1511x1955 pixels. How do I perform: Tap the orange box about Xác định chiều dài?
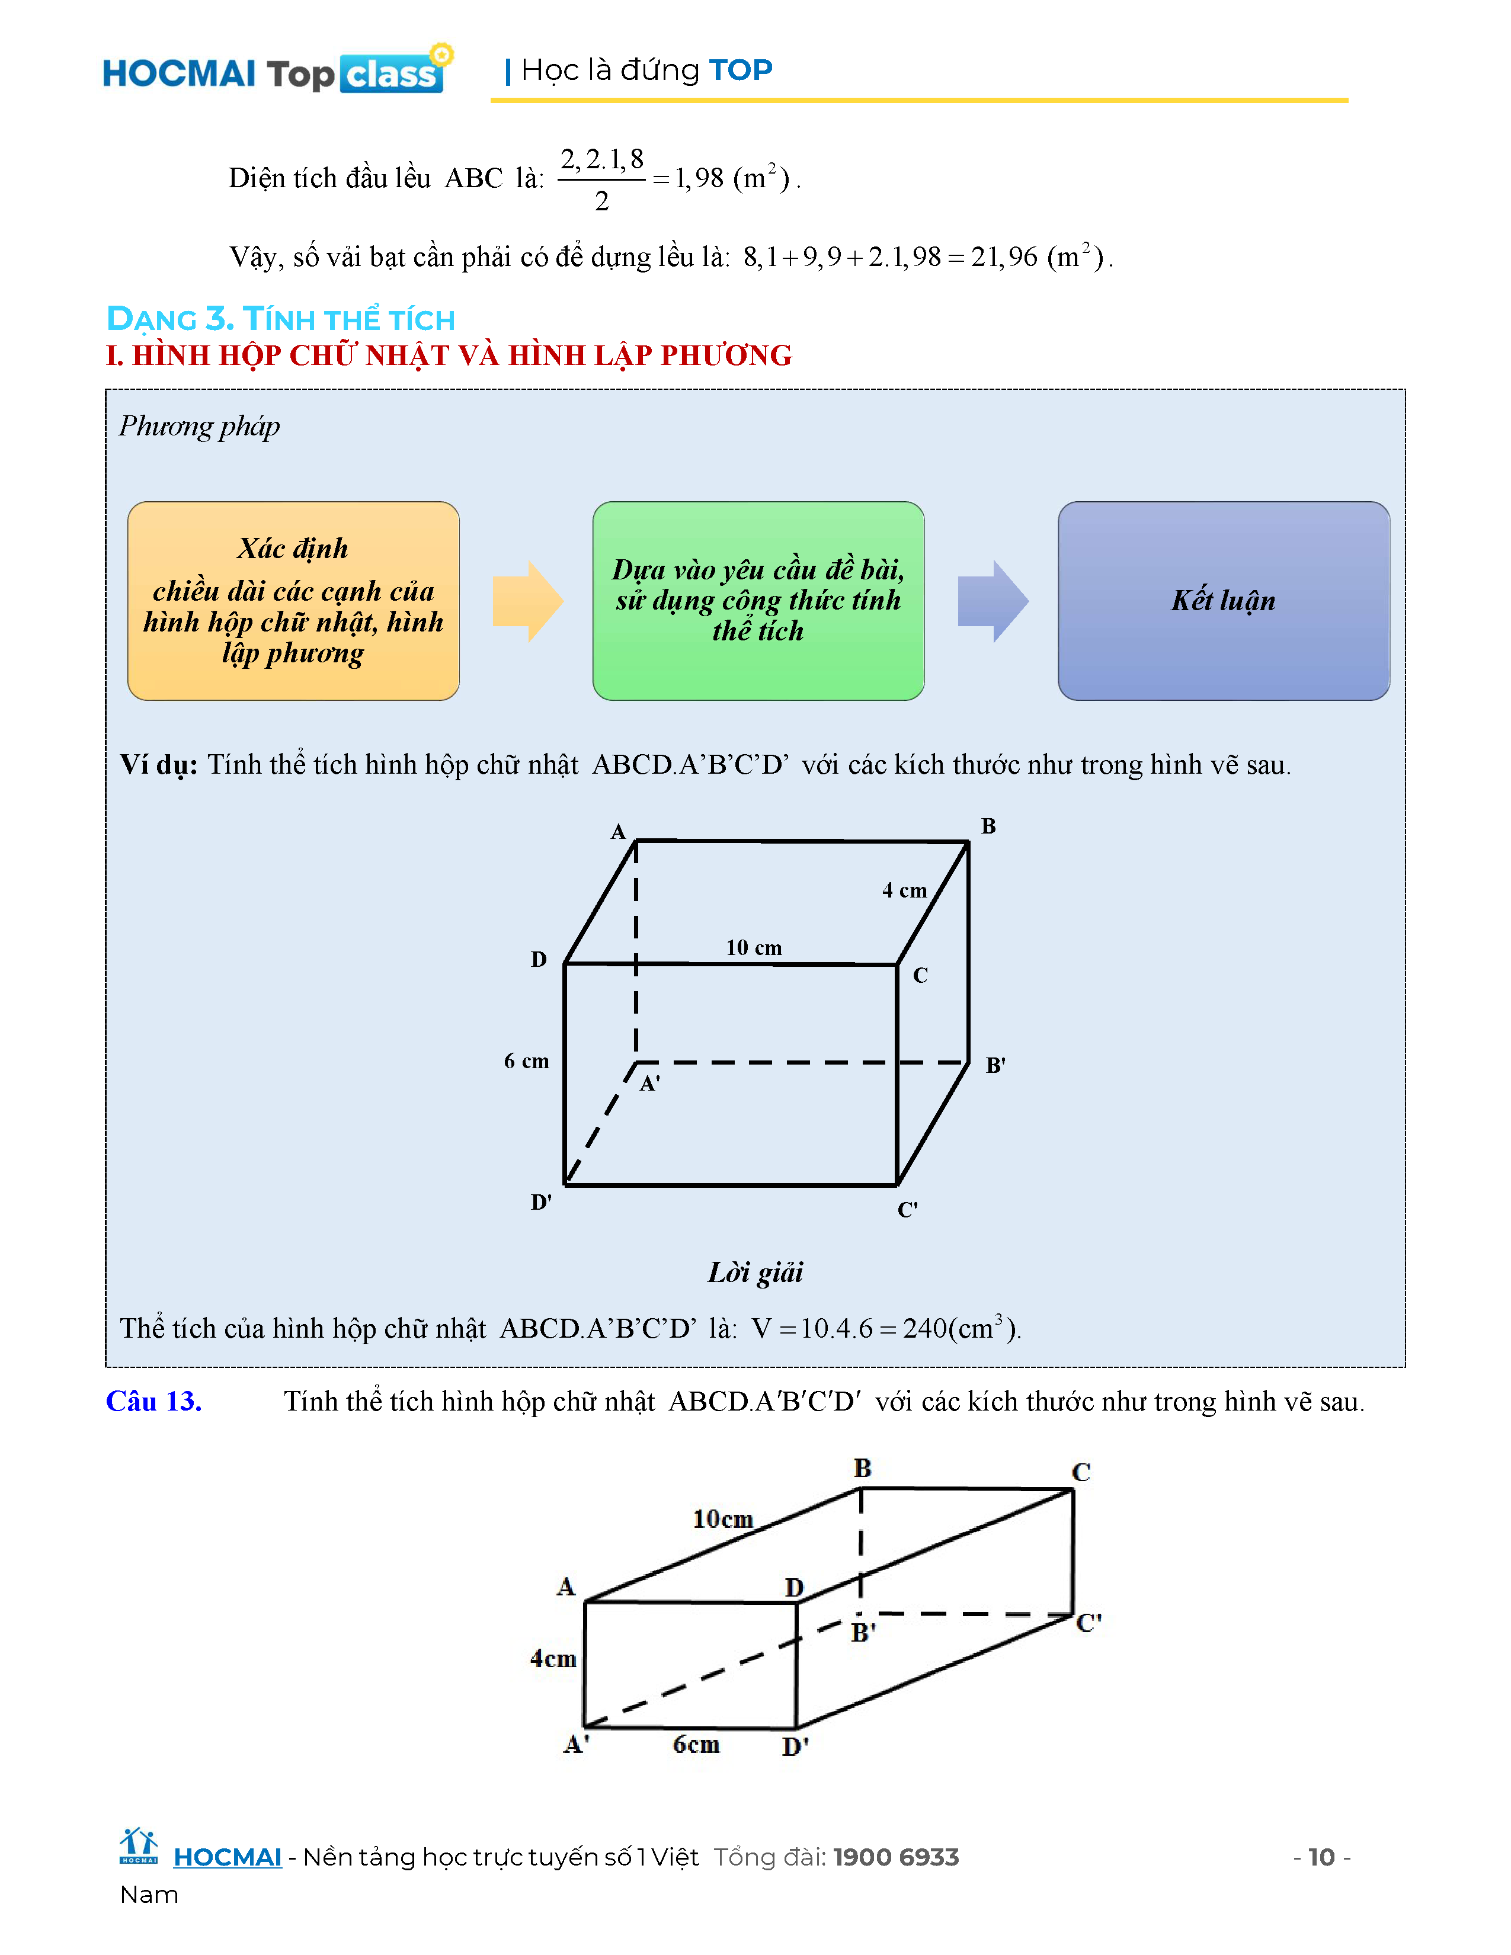coord(293,601)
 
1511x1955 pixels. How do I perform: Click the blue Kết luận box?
coord(1223,601)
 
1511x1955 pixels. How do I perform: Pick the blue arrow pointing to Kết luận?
coord(992,601)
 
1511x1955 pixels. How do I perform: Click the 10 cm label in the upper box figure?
coord(754,947)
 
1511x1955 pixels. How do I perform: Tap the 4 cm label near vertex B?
coord(904,890)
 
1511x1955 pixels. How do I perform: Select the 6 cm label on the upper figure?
coord(526,1061)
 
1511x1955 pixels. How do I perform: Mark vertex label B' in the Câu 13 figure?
coord(863,1632)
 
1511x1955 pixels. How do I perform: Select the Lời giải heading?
coord(755,1272)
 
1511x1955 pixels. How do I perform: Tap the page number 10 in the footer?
coord(1321,1857)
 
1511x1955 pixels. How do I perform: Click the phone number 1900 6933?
coord(896,1857)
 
